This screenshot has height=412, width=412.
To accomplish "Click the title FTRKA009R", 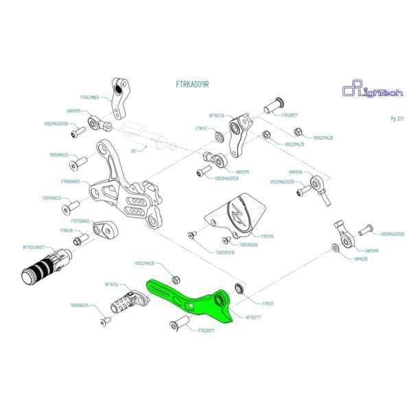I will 192,84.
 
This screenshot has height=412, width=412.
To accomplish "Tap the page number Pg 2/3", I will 397,118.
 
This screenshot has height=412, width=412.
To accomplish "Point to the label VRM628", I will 360,260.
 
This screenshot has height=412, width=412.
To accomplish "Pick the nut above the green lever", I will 175,279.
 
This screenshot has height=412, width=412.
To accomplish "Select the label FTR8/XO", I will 67,231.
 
